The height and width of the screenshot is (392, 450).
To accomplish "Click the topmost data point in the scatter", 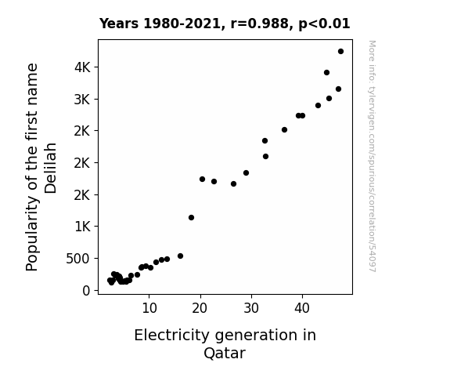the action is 340,52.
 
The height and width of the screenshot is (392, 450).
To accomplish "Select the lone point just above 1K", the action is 191,217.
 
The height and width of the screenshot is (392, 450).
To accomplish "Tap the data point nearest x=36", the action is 284,129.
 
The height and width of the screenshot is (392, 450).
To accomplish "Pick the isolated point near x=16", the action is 180,256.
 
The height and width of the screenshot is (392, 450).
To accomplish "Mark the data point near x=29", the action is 246,172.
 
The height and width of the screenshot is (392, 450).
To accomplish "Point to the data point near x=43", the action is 318,106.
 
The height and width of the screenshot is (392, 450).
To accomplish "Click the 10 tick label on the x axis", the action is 149,308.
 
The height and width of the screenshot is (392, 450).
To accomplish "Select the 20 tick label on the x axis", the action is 200,308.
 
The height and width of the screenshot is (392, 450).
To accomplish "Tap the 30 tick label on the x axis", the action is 251,308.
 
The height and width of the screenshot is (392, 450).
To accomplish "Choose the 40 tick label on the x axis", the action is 302,308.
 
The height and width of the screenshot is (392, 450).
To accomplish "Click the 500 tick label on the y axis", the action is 78,259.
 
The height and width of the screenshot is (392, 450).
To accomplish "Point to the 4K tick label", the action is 82,67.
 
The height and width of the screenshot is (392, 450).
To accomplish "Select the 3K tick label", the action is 82,100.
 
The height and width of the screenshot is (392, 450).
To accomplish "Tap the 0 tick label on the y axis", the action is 86,291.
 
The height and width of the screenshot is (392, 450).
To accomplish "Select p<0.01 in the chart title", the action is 324,24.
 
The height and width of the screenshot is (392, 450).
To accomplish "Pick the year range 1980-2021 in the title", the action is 182,24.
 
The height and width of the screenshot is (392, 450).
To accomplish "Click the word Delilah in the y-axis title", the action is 51,168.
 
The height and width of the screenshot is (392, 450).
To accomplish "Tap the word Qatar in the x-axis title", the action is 225,353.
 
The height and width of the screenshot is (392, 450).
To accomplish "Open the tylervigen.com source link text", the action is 372,156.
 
